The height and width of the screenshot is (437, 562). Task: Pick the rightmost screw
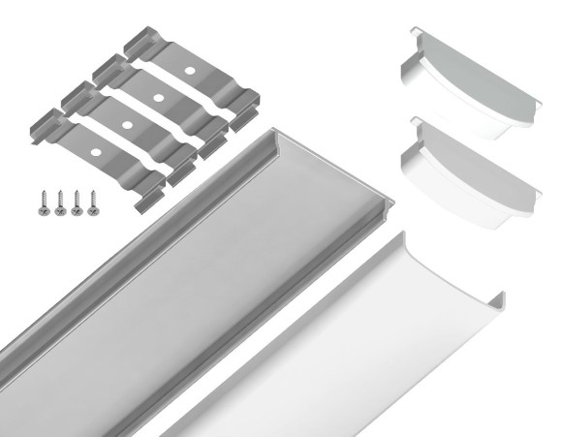tap(93, 202)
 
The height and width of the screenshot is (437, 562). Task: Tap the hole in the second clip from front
tap(126, 125)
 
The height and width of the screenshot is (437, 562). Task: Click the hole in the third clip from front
tap(157, 99)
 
